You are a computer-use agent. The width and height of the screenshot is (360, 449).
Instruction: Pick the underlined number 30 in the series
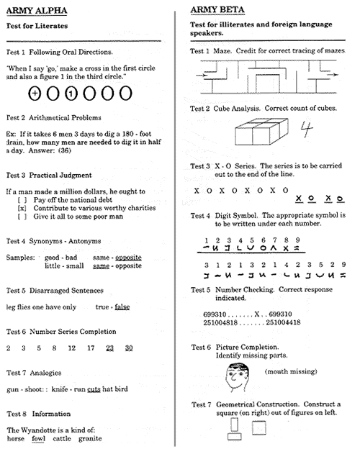[128, 348]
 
